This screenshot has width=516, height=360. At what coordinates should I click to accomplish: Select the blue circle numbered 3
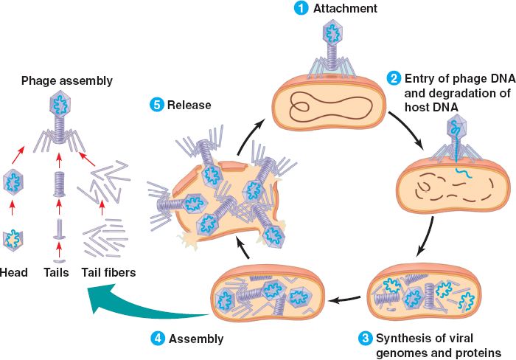364,339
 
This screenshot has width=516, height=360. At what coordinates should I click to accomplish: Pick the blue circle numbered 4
157,339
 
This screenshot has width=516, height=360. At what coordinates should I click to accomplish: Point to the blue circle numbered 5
156,105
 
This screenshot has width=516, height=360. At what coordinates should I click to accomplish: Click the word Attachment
344,9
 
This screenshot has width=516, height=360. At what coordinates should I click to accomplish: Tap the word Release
190,105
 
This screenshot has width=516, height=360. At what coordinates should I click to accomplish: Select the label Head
14,273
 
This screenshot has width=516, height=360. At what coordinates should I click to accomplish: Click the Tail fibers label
108,273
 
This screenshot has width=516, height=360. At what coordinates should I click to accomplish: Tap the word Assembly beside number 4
195,339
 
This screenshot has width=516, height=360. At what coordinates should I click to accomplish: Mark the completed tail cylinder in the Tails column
58,183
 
